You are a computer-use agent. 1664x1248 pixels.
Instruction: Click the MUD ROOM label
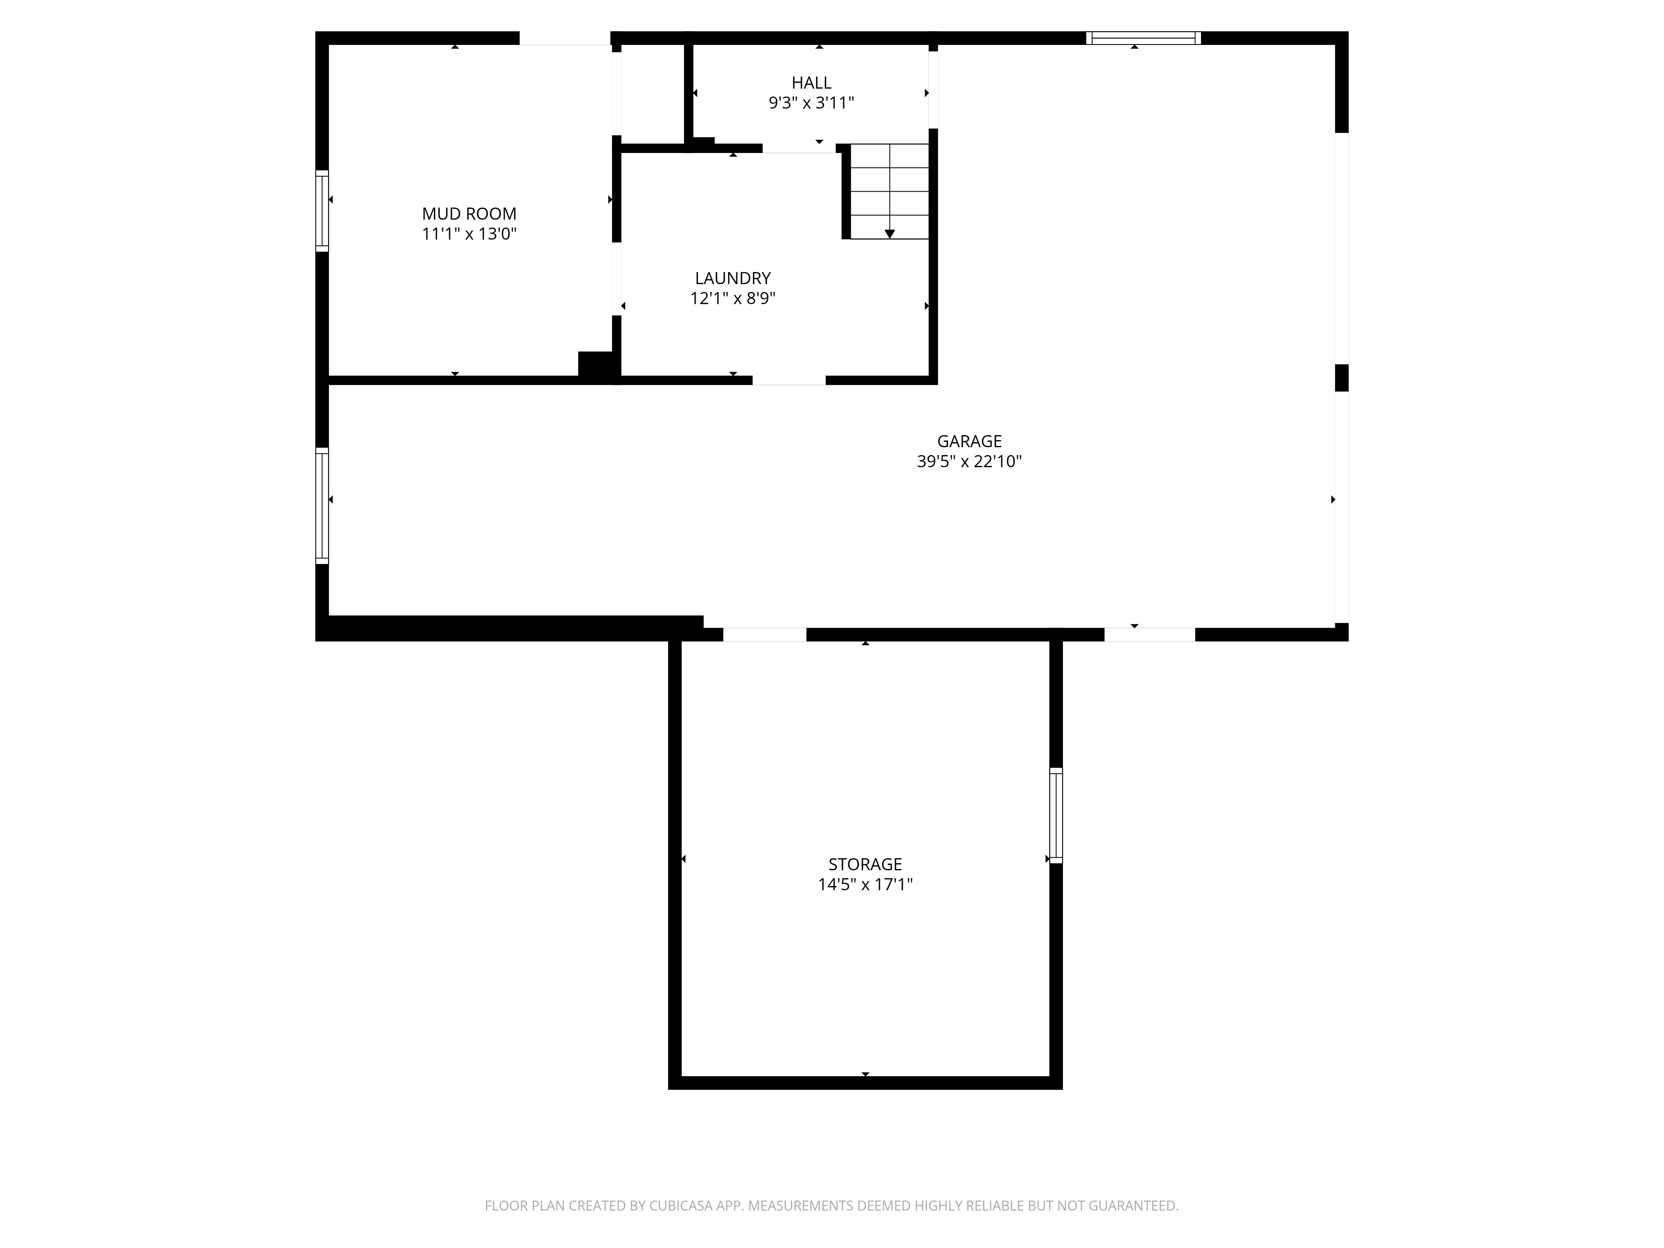coord(469,214)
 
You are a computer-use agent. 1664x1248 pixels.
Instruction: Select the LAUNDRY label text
coord(733,278)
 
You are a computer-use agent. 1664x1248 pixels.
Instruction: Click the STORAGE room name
coord(865,864)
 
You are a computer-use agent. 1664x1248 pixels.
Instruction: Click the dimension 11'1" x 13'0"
coord(469,234)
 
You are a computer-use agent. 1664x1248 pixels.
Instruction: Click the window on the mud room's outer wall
coord(322,210)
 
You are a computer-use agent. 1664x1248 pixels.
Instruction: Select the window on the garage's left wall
coord(322,505)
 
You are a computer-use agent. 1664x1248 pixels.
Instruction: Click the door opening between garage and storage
coord(764,634)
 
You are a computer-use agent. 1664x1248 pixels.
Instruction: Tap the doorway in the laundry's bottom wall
coord(789,380)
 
